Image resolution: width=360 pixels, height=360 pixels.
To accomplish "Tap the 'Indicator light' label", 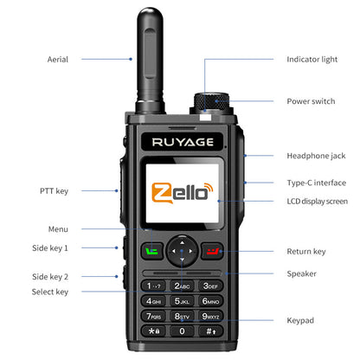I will point(311,60).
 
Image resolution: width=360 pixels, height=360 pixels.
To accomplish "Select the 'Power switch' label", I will point(311,101).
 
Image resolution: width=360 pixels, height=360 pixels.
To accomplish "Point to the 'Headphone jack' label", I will point(316,156).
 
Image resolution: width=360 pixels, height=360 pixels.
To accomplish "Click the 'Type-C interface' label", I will point(318,183).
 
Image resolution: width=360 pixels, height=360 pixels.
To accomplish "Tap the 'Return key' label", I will point(306,252).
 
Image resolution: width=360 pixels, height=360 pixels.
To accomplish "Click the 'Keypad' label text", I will point(300,320).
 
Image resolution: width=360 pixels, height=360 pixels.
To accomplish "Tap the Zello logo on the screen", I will point(181,192).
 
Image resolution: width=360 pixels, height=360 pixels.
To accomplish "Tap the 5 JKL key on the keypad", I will point(181,301).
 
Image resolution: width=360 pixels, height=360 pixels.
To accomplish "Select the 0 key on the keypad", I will point(181,331).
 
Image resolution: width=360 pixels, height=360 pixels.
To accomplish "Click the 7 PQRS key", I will point(154,316).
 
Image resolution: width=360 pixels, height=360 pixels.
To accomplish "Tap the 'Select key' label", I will point(50,292).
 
